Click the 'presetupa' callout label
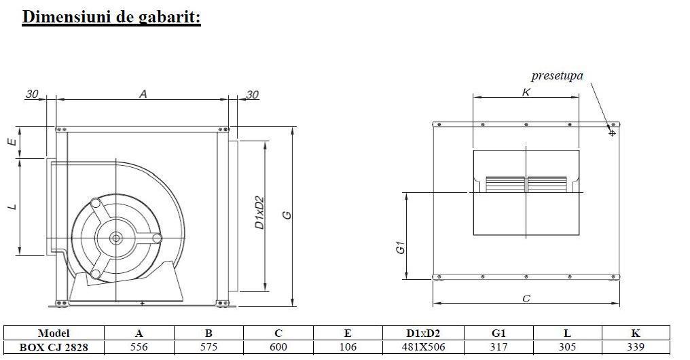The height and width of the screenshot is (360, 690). tap(557, 75)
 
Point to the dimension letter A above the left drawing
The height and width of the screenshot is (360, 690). tap(143, 94)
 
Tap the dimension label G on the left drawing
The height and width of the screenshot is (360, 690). tap(287, 215)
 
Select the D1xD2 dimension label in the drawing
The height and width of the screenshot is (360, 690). tap(259, 213)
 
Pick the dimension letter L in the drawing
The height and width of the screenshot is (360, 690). tap(12, 206)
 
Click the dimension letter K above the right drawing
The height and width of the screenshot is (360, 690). tap(526, 92)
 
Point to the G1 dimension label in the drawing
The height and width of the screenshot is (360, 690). tap(401, 249)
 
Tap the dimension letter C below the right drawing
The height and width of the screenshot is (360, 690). tap(526, 298)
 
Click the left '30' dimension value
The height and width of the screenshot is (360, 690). tap(32, 94)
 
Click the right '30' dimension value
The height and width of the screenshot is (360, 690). tap(252, 95)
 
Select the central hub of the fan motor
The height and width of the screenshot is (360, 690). tap(115, 238)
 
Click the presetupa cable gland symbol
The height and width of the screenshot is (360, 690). tap(612, 132)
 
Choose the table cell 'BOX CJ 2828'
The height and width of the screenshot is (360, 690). tap(54, 347)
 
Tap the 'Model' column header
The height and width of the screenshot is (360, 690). tap(54, 334)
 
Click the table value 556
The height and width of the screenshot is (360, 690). tap(139, 347)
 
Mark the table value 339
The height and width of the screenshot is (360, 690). tap(635, 347)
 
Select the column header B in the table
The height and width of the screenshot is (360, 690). tap(208, 334)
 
